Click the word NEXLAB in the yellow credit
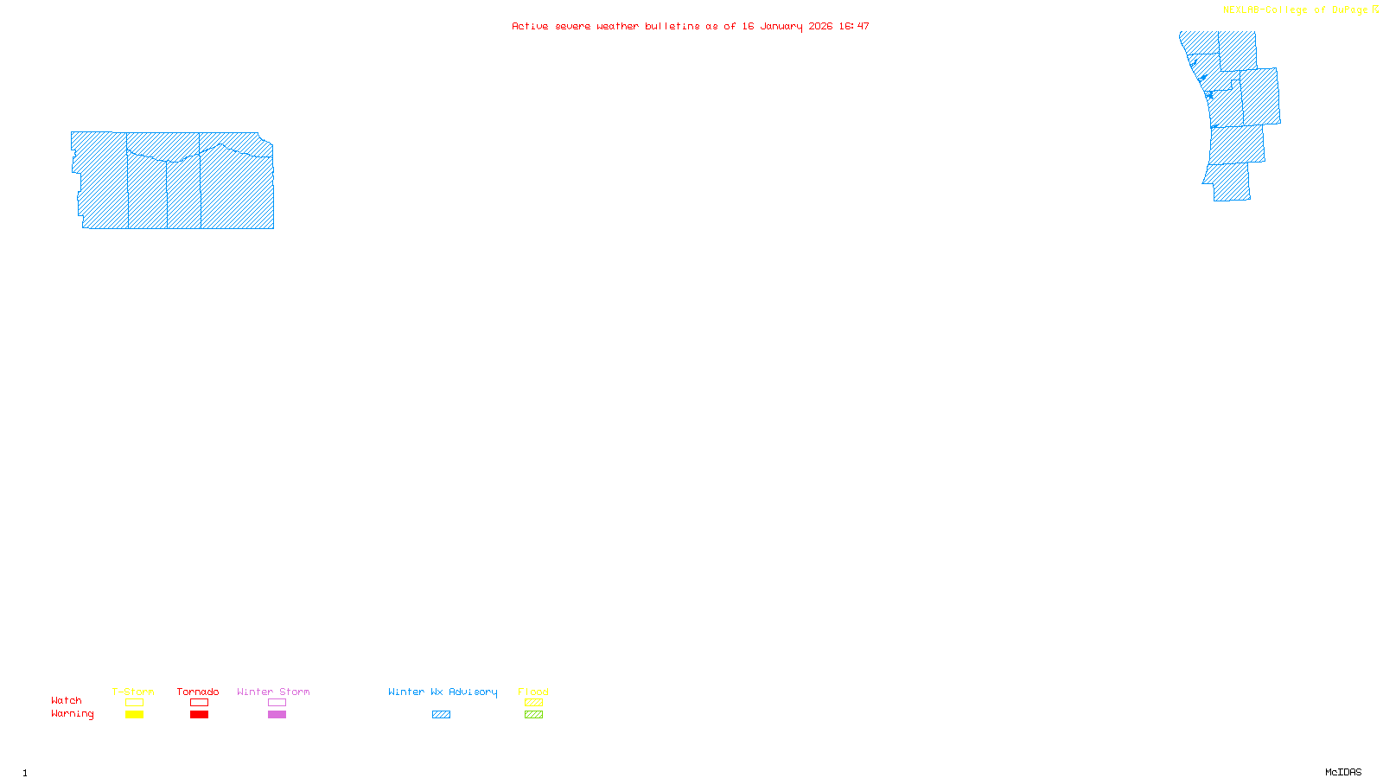1241,10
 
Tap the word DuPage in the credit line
1349,10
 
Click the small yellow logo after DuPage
1375,10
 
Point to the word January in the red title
781,26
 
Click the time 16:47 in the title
854,26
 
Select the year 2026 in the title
820,26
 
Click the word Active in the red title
530,26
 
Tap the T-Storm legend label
133,692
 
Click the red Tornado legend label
198,692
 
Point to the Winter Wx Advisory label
443,692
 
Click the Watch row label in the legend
67,701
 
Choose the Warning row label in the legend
73,714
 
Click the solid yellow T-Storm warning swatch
134,715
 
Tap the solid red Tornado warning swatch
199,715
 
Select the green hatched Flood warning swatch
533,715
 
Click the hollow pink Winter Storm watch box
277,703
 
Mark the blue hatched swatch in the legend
441,715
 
